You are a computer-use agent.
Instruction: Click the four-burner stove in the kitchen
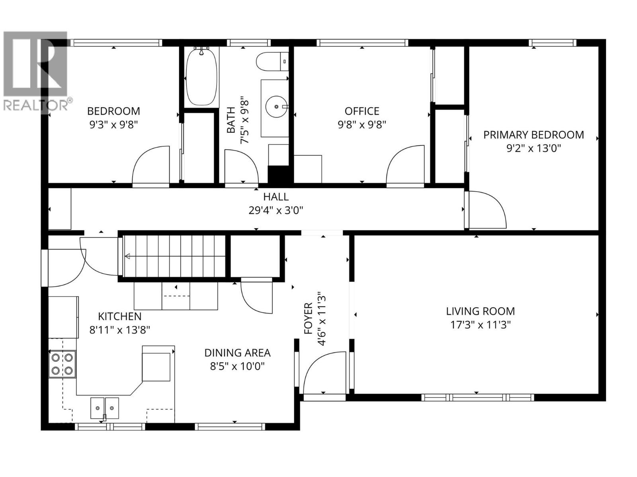coord(63,364)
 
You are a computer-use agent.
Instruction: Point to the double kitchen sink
coord(105,407)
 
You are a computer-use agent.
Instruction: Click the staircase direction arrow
coord(128,256)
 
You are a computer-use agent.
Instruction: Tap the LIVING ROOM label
coord(480,311)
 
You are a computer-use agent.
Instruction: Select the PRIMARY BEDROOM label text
coord(533,135)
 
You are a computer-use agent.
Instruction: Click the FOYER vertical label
coord(308,318)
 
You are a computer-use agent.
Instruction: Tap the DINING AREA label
coord(237,353)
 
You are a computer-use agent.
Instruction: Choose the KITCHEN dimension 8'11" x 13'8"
coord(119,330)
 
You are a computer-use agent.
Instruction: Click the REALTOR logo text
coord(36,105)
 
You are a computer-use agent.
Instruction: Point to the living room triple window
coord(477,397)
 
